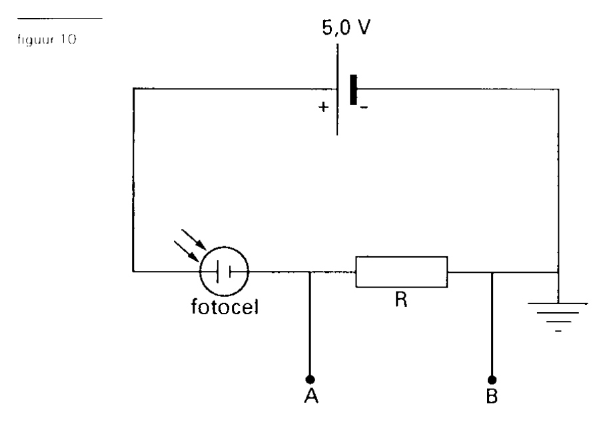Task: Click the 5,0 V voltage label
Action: [346, 27]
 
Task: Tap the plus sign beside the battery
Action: [323, 106]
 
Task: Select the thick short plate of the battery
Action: [353, 90]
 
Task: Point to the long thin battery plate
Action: [337, 89]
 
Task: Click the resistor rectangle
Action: [401, 272]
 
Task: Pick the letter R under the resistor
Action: [401, 299]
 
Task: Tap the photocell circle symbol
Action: [224, 271]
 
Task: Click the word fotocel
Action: [225, 307]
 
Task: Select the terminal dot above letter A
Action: [310, 379]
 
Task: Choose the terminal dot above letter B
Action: [492, 379]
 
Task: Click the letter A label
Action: [311, 395]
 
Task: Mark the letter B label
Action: [492, 395]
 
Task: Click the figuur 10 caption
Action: [47, 39]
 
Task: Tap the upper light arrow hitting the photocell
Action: [194, 240]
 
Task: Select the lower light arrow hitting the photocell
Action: [186, 251]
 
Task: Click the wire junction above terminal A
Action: [310, 272]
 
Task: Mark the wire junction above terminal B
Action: [492, 272]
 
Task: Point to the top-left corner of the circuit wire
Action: [133, 89]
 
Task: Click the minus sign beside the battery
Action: [364, 108]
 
